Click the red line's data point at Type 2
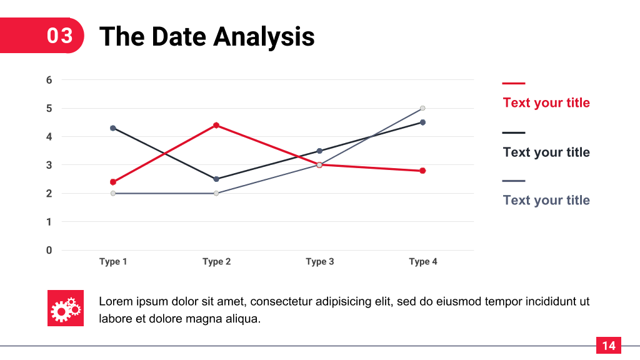(216, 125)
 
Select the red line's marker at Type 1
(113, 182)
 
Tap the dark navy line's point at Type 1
(113, 128)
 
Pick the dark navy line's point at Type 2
(216, 179)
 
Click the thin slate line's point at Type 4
(423, 108)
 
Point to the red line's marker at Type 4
(423, 171)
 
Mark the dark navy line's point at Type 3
(319, 151)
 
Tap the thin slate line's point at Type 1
(113, 194)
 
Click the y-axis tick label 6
(49, 80)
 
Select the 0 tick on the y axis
(49, 250)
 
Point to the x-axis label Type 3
(320, 262)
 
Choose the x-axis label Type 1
(113, 262)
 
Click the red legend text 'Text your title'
(546, 103)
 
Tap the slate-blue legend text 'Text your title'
(546, 201)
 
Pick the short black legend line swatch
(514, 132)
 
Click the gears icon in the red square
(65, 309)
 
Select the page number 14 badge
(609, 346)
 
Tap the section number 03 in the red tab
(59, 36)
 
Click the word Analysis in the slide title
(264, 37)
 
